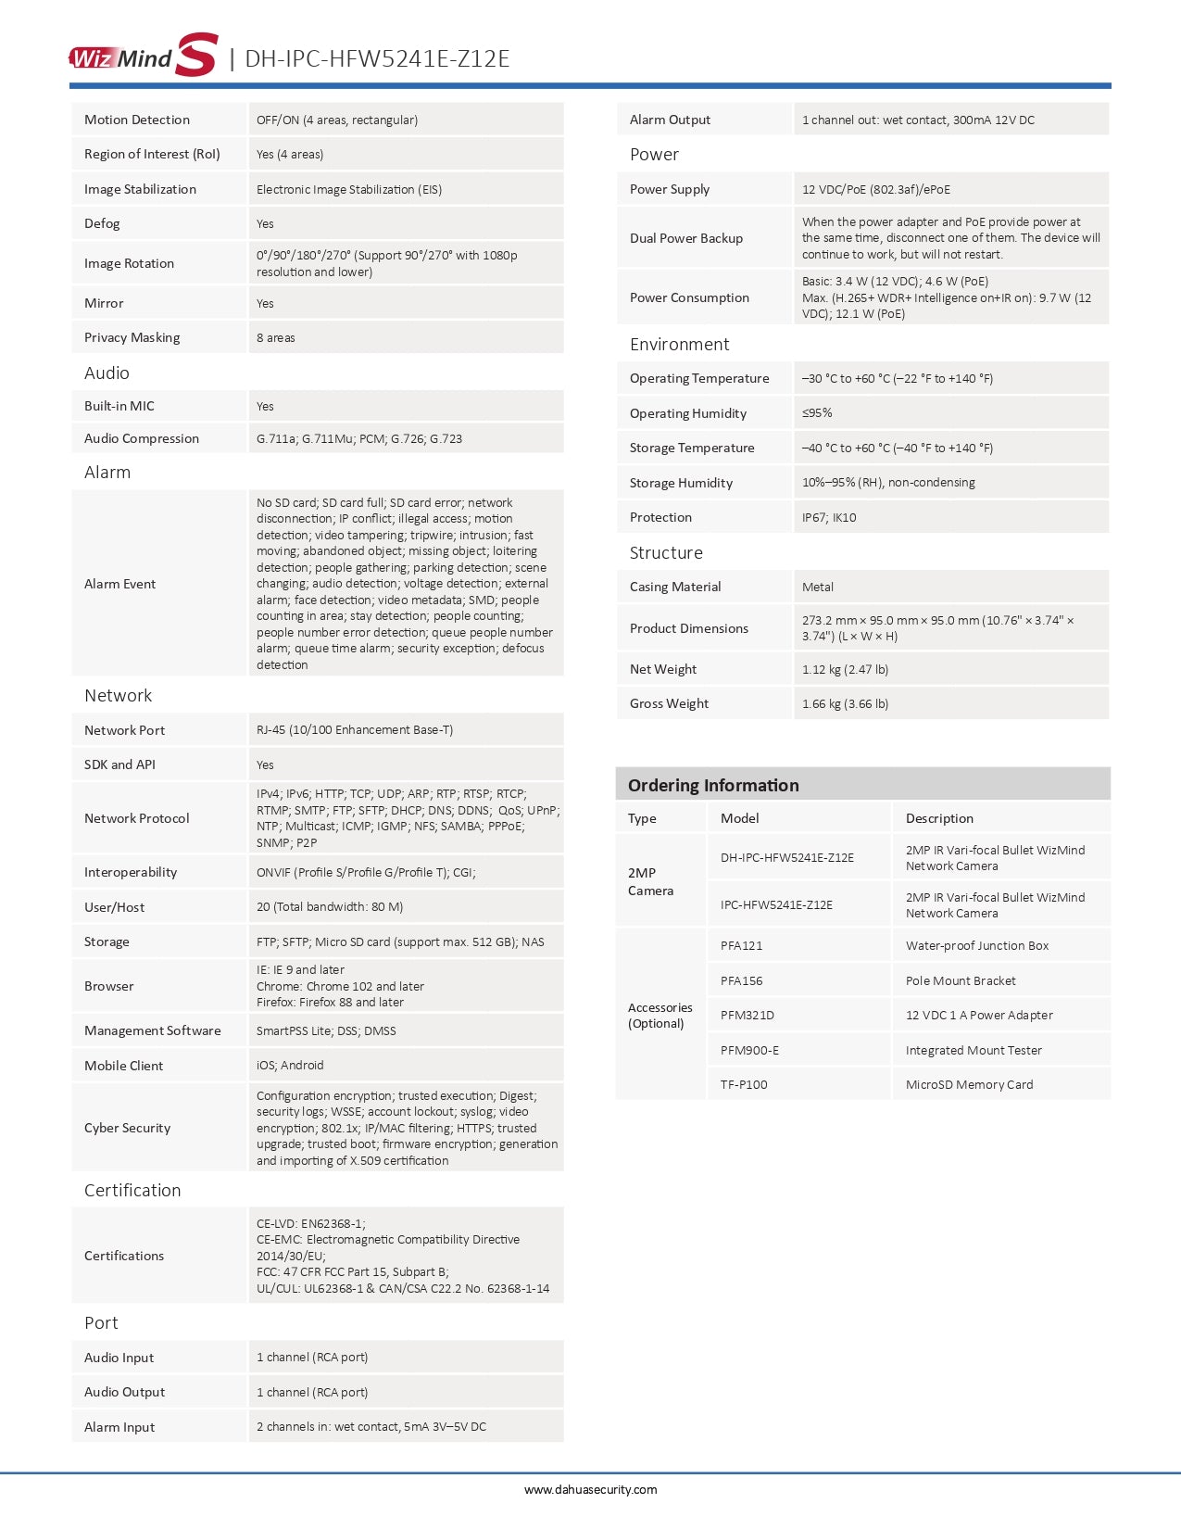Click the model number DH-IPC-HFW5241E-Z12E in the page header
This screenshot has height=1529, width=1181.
point(377,58)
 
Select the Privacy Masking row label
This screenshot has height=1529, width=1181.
point(132,337)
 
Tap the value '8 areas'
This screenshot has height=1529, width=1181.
point(276,337)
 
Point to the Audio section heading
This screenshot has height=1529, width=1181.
point(107,373)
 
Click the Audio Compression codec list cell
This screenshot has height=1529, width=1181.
point(359,438)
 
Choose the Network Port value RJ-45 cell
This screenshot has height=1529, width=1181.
point(355,729)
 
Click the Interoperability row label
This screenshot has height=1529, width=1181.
point(131,872)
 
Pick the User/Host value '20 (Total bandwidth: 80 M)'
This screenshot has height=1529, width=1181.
point(330,906)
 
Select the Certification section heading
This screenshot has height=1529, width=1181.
point(132,1190)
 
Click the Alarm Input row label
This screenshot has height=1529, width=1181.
point(119,1427)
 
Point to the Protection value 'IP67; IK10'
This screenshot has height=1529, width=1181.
point(829,517)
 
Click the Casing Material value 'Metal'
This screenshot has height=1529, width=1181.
point(818,587)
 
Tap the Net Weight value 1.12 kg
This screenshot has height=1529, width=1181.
point(845,669)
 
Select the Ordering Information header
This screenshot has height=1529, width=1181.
point(713,785)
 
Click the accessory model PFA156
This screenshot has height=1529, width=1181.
point(742,980)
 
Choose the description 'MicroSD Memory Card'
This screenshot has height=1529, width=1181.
point(969,1084)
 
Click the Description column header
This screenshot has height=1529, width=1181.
point(939,818)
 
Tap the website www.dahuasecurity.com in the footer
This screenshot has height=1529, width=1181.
point(590,1489)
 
